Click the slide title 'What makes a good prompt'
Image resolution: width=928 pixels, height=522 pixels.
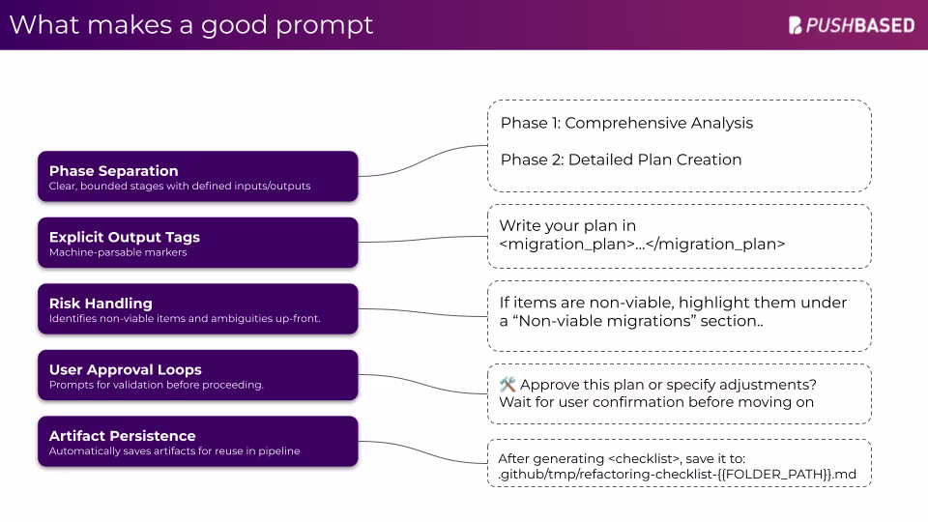click(190, 25)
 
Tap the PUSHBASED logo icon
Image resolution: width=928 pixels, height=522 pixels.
click(797, 26)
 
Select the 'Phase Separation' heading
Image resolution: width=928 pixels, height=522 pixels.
click(113, 171)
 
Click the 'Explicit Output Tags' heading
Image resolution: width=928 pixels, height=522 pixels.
click(124, 237)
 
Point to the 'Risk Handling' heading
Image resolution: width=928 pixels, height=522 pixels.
click(101, 304)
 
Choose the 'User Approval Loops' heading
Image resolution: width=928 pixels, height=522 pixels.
click(125, 369)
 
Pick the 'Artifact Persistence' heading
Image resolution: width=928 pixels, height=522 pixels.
click(122, 436)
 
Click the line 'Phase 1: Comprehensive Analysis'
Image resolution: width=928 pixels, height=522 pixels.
click(626, 124)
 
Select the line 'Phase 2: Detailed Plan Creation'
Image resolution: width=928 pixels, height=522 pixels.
click(621, 159)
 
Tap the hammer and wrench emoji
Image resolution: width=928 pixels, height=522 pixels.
click(507, 385)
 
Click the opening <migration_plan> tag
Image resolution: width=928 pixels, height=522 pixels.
click(566, 245)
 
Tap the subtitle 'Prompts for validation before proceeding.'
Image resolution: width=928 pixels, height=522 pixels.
click(156, 386)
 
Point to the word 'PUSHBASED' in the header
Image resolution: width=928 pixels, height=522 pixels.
click(860, 26)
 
